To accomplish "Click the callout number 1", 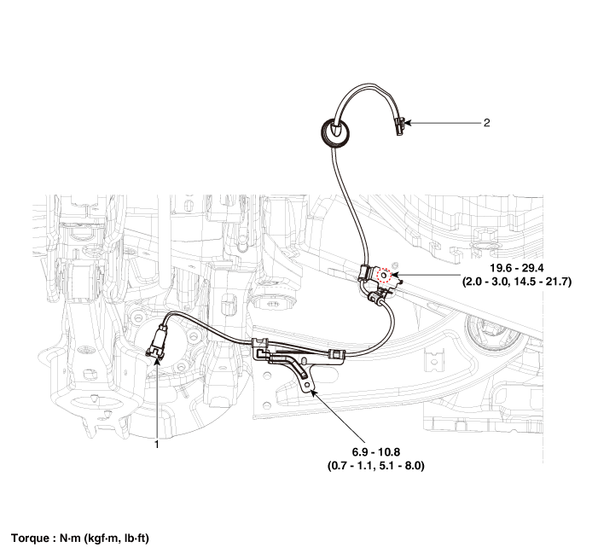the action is click(x=156, y=445).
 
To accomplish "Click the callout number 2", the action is click(x=486, y=123).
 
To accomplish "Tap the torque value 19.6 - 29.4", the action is click(x=517, y=268).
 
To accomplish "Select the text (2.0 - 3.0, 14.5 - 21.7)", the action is click(x=517, y=282).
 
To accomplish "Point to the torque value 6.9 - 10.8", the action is click(x=375, y=452).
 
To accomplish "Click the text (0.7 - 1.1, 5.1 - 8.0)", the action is click(x=375, y=466).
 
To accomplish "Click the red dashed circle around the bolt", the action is click(x=384, y=275).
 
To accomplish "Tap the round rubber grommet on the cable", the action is click(x=335, y=131).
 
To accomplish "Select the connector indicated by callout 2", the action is click(x=399, y=126).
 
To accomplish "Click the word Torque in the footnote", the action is click(x=31, y=538).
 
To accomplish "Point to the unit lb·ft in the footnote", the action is click(x=136, y=538).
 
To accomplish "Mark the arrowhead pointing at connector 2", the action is click(x=408, y=123).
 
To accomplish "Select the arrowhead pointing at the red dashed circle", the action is click(x=395, y=274).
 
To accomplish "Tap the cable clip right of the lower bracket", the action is click(x=337, y=354).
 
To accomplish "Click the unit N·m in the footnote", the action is click(x=70, y=538).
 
